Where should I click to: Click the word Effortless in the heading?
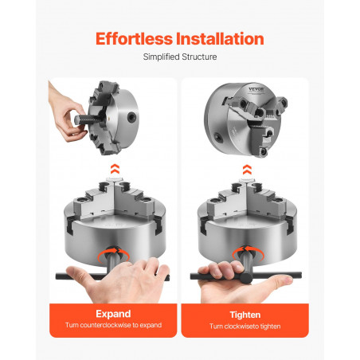pyautogui.click(x=134, y=39)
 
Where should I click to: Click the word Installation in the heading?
pyautogui.click(x=220, y=39)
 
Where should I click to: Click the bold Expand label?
pyautogui.click(x=113, y=314)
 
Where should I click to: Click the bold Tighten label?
pyautogui.click(x=245, y=315)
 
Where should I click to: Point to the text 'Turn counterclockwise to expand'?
pyautogui.click(x=113, y=325)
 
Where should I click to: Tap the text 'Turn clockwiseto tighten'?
pyautogui.click(x=245, y=327)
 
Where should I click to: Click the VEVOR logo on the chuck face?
pyautogui.click(x=256, y=89)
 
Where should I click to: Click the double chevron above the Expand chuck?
pyautogui.click(x=115, y=169)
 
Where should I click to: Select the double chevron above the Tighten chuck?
pyautogui.click(x=247, y=170)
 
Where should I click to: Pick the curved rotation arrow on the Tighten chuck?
pyautogui.click(x=248, y=252)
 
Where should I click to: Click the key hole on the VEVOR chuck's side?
pyautogui.click(x=219, y=137)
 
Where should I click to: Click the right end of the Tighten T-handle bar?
pyautogui.click(x=299, y=275)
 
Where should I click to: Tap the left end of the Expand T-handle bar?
pyautogui.click(x=57, y=276)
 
